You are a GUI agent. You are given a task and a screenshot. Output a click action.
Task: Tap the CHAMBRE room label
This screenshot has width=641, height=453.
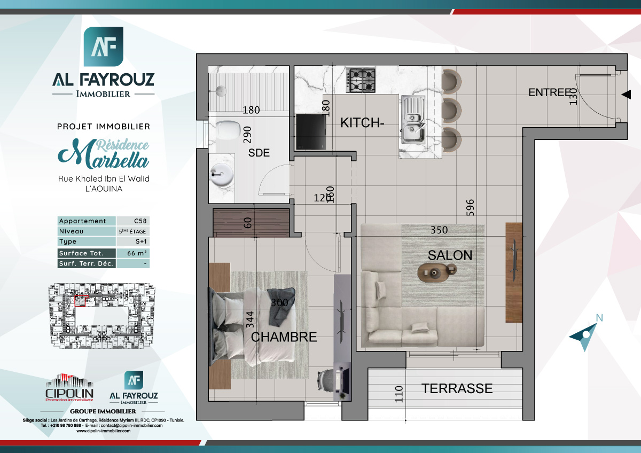click(284, 337)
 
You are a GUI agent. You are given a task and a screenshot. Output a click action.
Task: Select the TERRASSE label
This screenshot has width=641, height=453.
click(457, 388)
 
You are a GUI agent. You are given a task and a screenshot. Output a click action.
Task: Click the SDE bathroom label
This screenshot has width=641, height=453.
click(259, 153)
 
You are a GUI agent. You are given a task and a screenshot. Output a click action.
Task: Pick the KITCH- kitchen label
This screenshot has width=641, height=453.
click(362, 123)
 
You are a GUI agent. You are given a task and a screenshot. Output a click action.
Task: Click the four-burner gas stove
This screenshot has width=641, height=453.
click(361, 80)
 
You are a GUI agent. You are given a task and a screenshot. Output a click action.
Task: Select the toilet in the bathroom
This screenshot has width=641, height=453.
click(229, 130)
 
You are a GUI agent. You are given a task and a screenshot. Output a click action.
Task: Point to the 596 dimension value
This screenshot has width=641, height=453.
click(470, 208)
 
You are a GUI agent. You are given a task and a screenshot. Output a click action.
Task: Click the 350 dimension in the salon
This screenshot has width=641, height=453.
click(440, 230)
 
